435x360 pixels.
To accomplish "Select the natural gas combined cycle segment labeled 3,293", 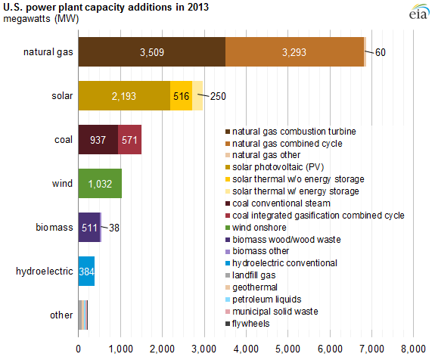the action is (x=294, y=52).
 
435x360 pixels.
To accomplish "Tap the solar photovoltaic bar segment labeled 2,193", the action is (x=124, y=96).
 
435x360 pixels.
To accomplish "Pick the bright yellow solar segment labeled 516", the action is (x=181, y=96).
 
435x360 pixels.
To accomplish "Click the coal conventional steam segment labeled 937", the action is (x=98, y=139).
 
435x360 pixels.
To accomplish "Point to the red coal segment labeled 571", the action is (x=129, y=139).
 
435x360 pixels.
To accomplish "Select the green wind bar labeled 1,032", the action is (x=100, y=183).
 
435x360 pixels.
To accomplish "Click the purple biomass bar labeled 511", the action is (x=89, y=227).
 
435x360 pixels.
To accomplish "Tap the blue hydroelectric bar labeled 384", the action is (x=86, y=271).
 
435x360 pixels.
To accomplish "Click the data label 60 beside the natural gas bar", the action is (x=381, y=52).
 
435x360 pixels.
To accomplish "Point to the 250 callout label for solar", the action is (x=218, y=96).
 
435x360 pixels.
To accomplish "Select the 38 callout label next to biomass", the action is (x=114, y=228).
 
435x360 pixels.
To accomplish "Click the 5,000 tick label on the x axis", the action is (x=287, y=349).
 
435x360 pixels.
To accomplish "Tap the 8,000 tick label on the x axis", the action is (x=413, y=349).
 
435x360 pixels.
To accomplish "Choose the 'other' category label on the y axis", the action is (x=61, y=315).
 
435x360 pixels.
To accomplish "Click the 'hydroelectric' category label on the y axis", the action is (x=45, y=272).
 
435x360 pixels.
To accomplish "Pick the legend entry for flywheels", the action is (x=247, y=324).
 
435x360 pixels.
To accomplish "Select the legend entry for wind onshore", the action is (x=256, y=228).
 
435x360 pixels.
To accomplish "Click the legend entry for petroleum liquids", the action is (x=263, y=299).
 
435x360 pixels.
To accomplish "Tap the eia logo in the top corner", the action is (x=418, y=12).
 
